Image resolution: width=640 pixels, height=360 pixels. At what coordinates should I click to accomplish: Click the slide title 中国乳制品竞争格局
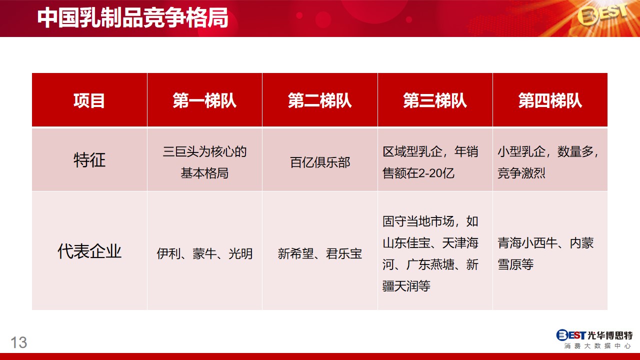[133, 17]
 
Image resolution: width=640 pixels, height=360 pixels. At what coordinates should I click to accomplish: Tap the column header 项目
[89, 100]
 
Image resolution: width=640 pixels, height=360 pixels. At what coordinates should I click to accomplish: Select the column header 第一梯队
[204, 100]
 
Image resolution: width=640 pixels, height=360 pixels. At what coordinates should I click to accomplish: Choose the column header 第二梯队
[319, 100]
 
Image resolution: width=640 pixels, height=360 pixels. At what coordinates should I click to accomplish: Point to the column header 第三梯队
[435, 100]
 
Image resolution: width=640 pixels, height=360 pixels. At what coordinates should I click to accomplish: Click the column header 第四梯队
[550, 100]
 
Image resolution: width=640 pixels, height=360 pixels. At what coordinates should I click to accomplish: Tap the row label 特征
[89, 159]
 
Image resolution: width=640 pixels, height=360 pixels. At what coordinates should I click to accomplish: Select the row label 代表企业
[89, 251]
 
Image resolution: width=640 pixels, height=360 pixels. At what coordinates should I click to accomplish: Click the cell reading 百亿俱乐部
[320, 162]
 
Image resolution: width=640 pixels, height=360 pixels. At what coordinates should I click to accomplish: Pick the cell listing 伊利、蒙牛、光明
[204, 253]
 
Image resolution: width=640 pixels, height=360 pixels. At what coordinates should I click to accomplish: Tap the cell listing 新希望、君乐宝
[320, 253]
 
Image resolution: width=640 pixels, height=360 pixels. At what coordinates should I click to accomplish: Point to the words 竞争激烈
[521, 173]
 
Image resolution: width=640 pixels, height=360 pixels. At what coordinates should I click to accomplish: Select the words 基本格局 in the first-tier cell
[204, 173]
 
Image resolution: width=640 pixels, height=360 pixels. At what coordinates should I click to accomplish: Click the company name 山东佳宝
[406, 243]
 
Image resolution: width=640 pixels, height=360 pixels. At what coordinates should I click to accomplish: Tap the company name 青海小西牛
[527, 243]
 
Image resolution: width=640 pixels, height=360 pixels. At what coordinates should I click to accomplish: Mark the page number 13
[19, 342]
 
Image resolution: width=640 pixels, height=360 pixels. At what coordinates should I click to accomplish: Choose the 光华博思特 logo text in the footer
[614, 335]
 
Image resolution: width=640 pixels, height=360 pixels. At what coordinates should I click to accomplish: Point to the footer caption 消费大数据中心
[597, 346]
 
